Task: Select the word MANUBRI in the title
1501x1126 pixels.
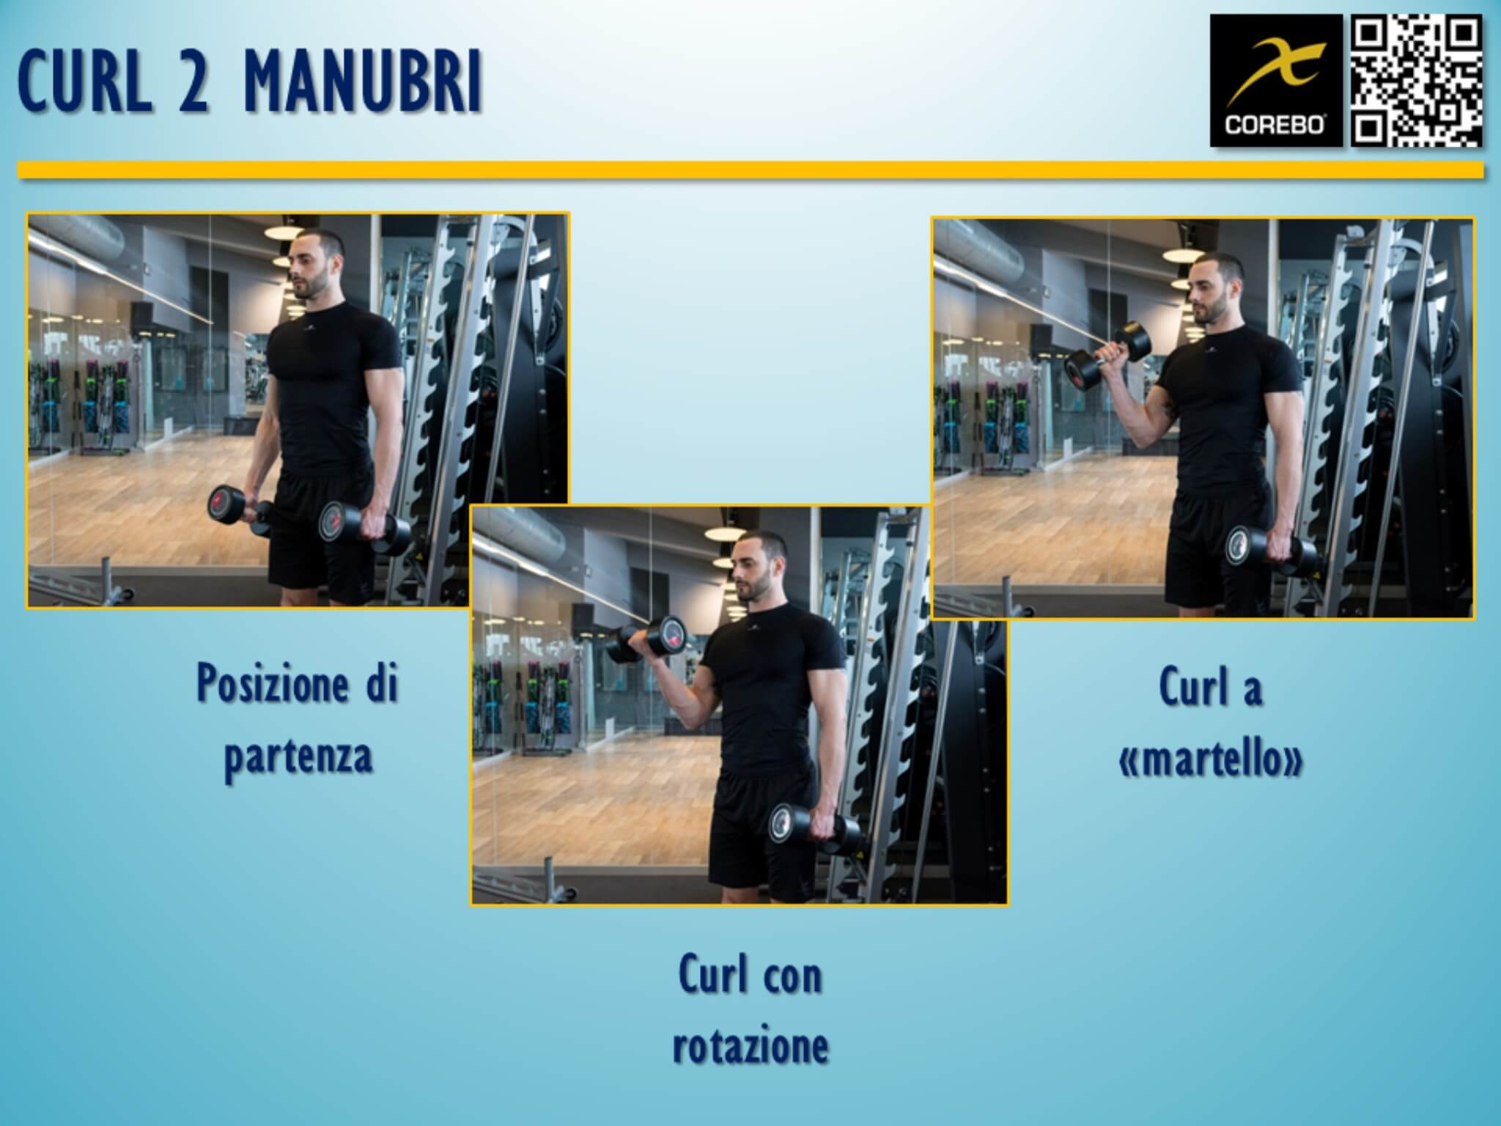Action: coord(363,81)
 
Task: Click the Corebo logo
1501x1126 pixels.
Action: coord(1275,81)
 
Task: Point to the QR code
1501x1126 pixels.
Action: coord(1416,81)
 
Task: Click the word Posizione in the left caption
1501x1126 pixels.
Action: coord(271,685)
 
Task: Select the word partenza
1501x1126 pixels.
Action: coord(298,756)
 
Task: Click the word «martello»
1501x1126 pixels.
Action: coord(1211,759)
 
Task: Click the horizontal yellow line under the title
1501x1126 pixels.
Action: coord(750,170)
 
